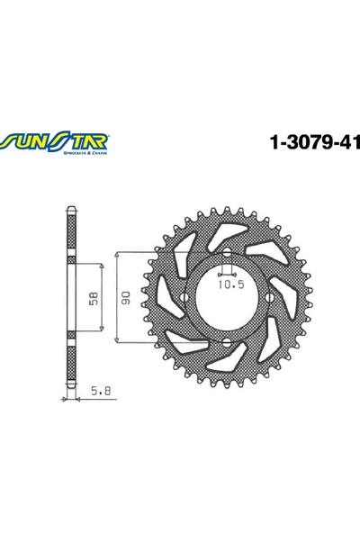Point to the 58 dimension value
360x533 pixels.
point(94,298)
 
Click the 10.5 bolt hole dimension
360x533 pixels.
point(229,287)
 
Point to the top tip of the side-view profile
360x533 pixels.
point(70,211)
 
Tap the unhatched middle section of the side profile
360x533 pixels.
point(70,298)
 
